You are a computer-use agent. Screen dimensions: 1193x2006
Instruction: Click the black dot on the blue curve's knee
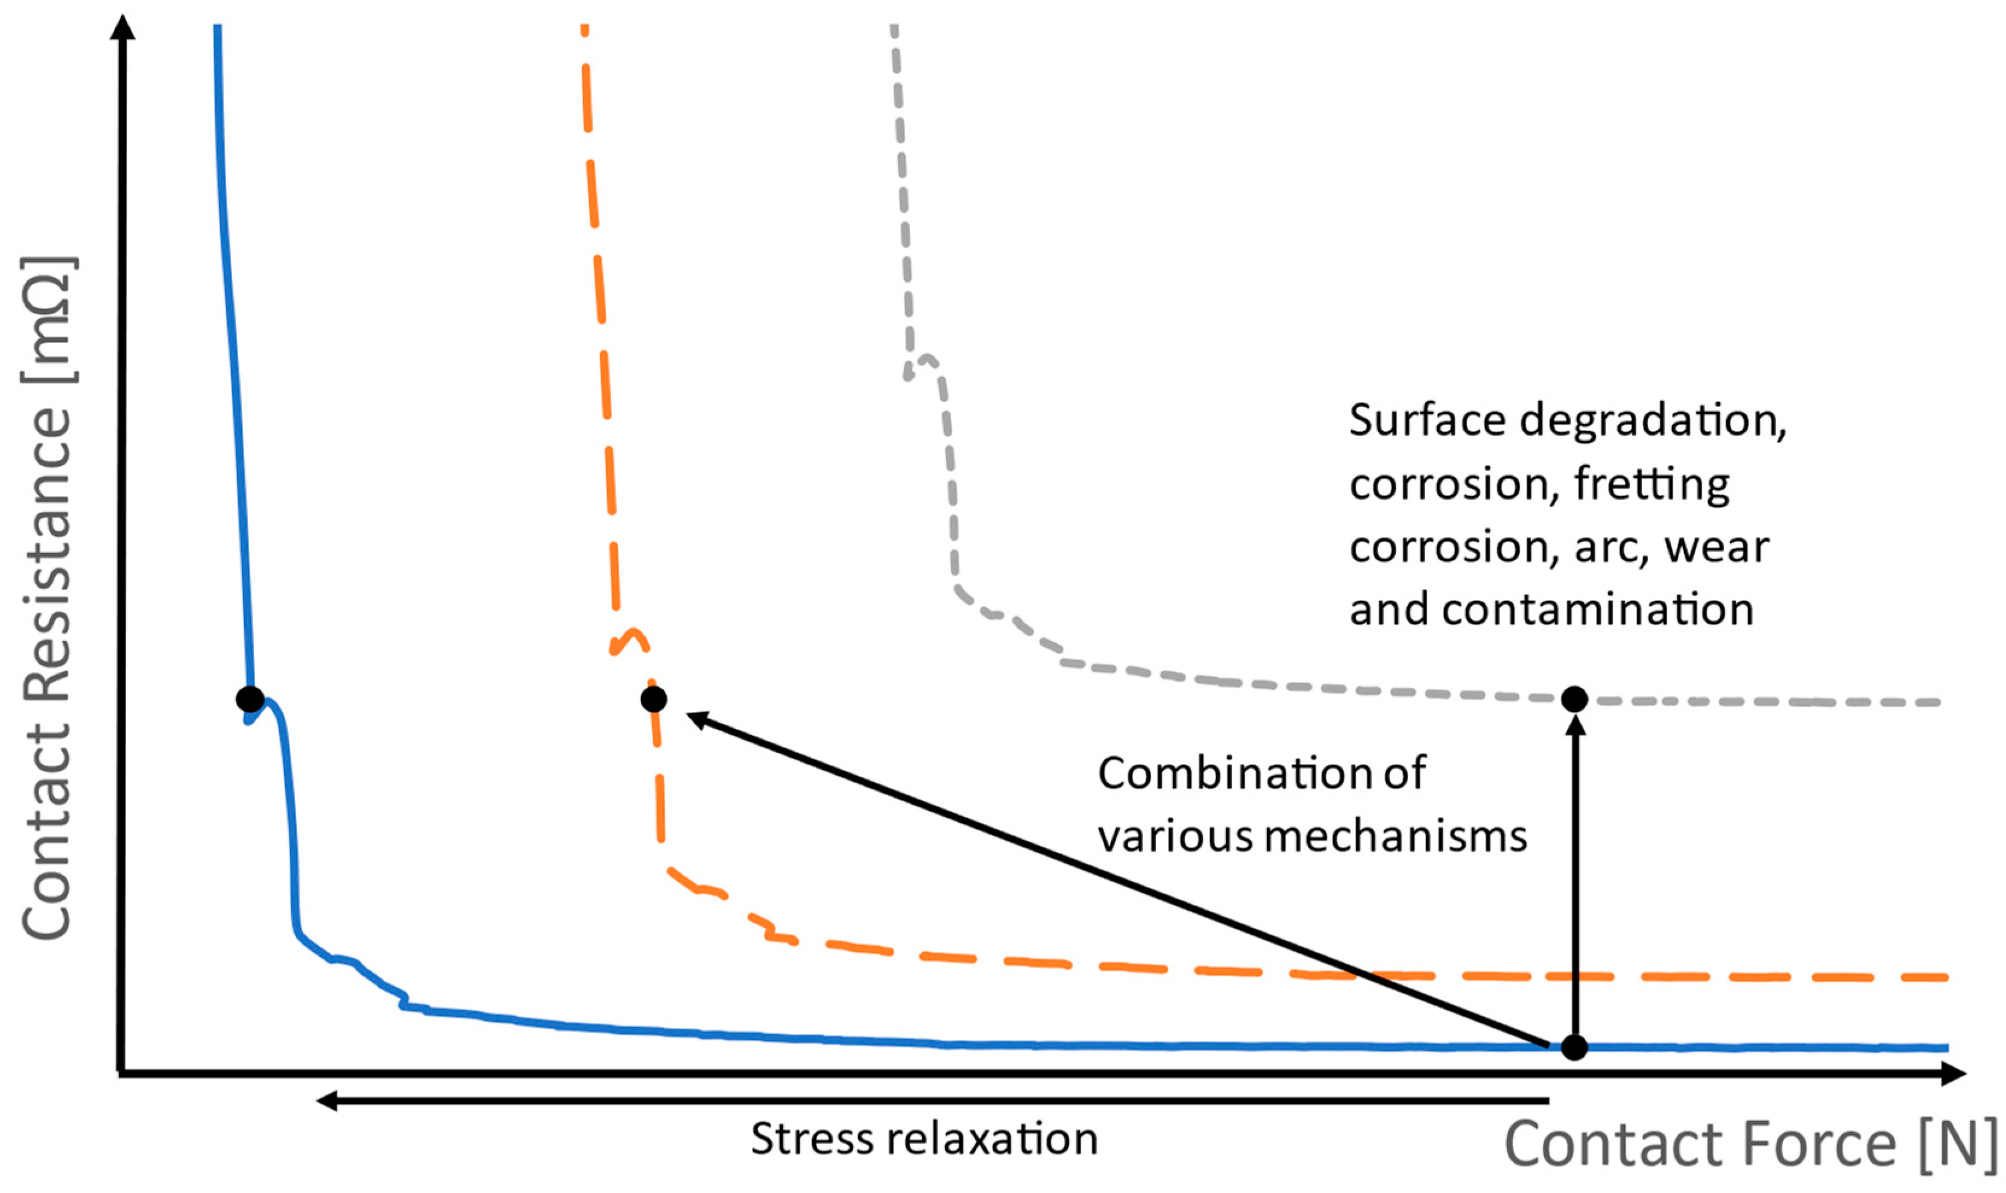click(x=250, y=699)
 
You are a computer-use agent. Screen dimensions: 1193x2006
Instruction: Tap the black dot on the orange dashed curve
click(x=654, y=699)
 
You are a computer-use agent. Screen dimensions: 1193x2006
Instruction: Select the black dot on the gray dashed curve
click(x=1574, y=699)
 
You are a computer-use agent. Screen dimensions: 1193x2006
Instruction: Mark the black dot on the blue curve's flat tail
click(x=1574, y=1048)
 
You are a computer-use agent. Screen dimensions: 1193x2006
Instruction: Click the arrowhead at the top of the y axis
click(x=122, y=28)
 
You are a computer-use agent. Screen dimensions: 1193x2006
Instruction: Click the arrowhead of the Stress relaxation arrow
click(x=326, y=1100)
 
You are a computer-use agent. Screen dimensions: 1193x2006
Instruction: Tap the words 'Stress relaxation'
click(x=924, y=1139)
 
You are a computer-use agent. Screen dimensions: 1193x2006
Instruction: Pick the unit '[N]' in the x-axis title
click(x=1958, y=1144)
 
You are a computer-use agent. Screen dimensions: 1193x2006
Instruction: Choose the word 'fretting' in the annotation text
click(x=1651, y=485)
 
